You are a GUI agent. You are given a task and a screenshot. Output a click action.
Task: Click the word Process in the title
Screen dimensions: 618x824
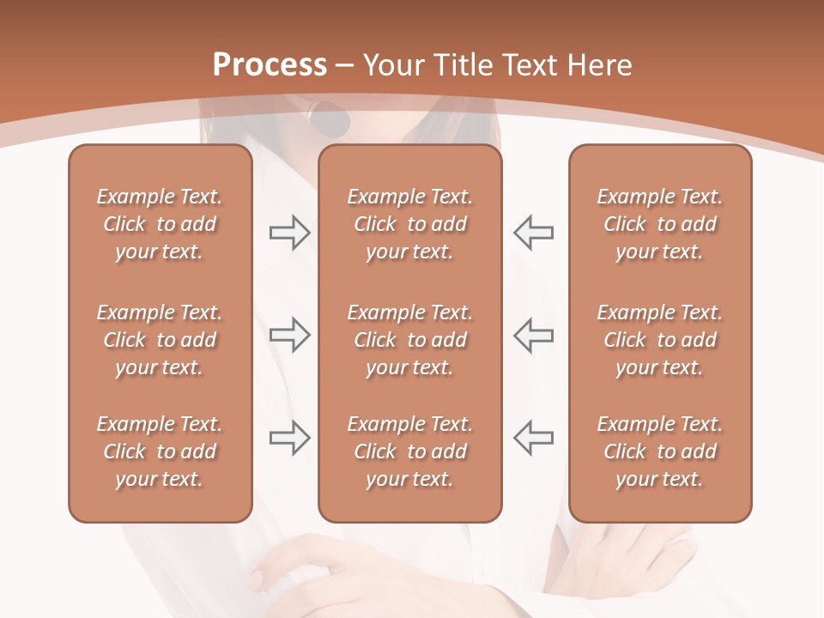[270, 65]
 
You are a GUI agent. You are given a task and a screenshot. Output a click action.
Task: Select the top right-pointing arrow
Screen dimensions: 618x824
[289, 233]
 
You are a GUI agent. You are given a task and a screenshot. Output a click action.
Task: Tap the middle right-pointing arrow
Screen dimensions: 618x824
[289, 335]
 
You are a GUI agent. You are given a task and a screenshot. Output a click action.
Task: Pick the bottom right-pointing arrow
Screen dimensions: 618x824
[289, 437]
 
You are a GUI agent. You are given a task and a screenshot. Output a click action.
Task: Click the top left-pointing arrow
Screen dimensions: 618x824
[534, 233]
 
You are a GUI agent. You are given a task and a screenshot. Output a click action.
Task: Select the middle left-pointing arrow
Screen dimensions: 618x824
[534, 335]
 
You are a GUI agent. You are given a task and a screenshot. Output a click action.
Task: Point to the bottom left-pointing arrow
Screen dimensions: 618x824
[534, 437]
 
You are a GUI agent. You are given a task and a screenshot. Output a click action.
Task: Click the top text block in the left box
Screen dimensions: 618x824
[160, 224]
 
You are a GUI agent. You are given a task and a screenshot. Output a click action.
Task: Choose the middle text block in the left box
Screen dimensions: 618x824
[160, 340]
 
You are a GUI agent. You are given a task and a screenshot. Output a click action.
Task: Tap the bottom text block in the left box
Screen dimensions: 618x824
[160, 451]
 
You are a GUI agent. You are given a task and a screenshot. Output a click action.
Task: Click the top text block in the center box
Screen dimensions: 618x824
[410, 224]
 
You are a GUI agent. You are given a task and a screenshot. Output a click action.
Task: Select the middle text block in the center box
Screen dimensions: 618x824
[410, 340]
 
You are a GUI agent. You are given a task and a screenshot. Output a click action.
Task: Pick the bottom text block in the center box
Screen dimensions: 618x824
[410, 451]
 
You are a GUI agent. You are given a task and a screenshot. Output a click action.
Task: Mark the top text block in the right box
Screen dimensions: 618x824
[660, 224]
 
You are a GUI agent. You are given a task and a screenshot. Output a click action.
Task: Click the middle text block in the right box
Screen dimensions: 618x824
[660, 340]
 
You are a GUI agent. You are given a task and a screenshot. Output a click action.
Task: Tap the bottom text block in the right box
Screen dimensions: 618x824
[660, 451]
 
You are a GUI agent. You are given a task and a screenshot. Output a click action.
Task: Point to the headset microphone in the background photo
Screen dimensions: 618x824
[330, 121]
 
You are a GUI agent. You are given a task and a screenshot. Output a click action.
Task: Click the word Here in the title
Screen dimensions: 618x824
[598, 65]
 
